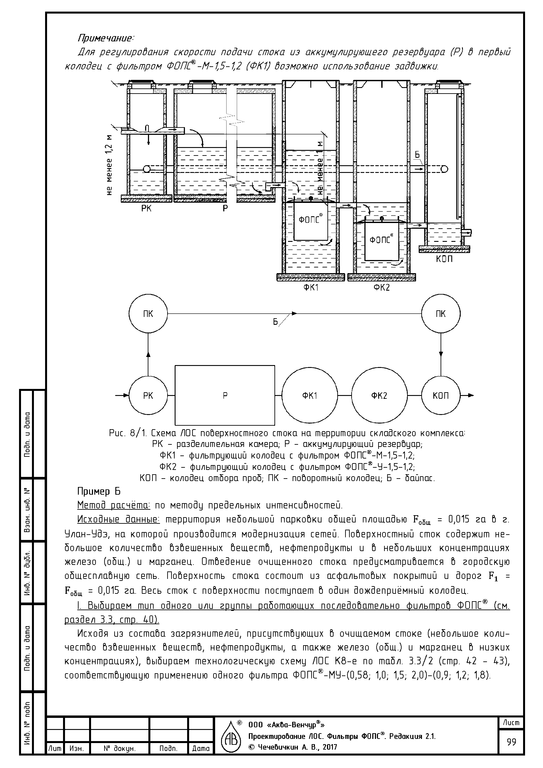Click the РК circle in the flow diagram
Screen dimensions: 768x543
(148, 396)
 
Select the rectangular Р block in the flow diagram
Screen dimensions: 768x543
(225, 395)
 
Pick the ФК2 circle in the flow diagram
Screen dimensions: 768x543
(379, 396)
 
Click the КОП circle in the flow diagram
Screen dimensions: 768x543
(441, 396)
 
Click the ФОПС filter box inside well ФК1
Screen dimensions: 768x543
(311, 221)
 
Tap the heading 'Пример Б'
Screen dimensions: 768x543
(99, 492)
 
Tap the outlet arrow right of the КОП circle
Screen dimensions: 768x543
(467, 395)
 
